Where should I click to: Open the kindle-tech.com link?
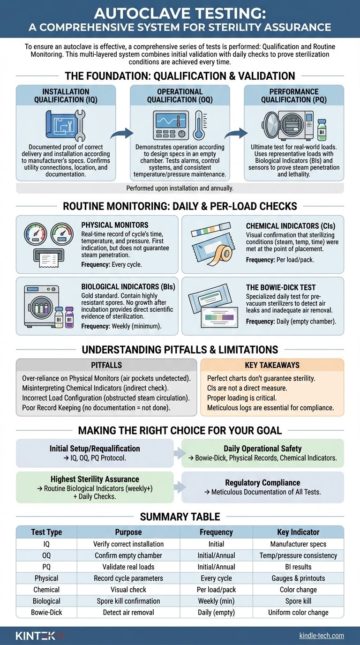pos(322,635)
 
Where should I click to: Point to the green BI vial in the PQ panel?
pos(322,128)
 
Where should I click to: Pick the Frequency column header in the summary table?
pos(216,532)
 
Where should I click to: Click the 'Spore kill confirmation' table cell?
pos(128,601)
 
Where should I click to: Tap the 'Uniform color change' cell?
pos(298,612)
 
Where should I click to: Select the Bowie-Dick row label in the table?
pos(46,612)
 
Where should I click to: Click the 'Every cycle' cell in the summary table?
pos(216,578)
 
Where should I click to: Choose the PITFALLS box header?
pos(106,365)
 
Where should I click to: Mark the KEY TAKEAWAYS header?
pos(271,365)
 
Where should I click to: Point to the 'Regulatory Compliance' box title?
pos(262,482)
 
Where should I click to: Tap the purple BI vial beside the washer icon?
pos(70,317)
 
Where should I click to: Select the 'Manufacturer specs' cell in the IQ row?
pos(298,544)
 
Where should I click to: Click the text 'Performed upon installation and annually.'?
pos(180,188)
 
